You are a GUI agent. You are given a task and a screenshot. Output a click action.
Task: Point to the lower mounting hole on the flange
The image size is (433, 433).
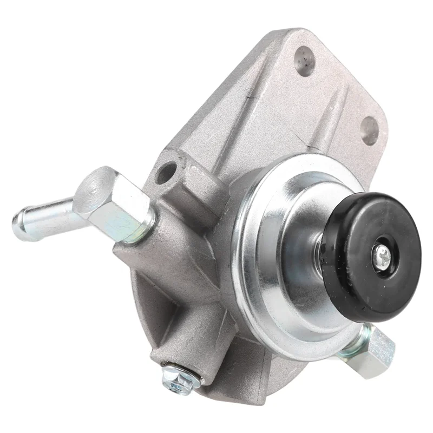370,130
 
